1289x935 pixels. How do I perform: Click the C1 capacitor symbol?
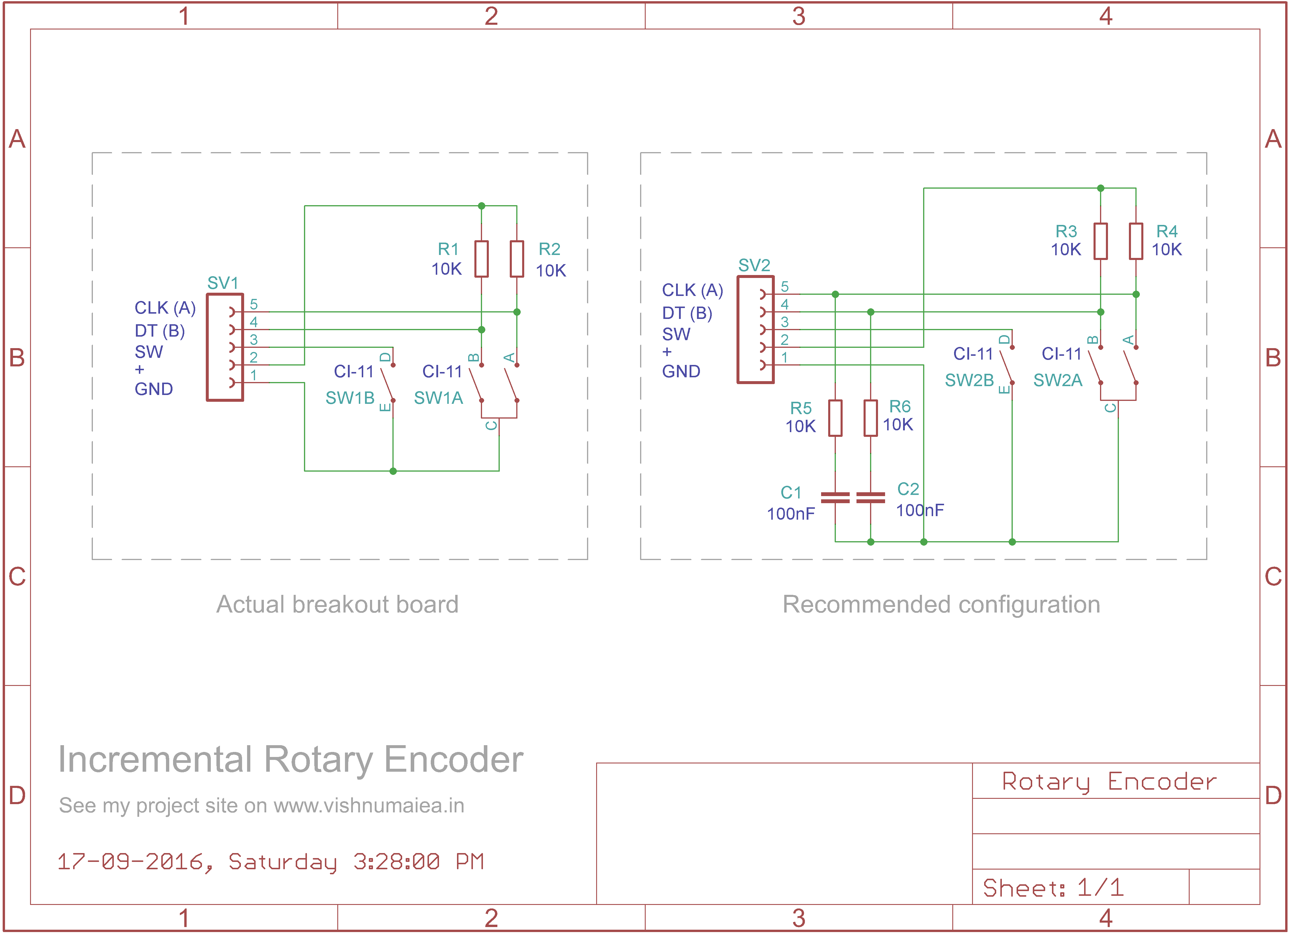click(x=835, y=498)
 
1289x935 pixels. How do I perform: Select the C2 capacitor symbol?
click(x=870, y=498)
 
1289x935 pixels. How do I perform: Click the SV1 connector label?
click(x=223, y=283)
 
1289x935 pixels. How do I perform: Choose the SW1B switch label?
click(x=350, y=398)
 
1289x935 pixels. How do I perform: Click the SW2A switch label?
click(x=1057, y=380)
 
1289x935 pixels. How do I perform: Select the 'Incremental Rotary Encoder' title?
click(x=290, y=760)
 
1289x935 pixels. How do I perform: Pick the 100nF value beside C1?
click(x=790, y=514)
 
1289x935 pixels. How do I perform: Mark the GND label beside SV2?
click(x=681, y=372)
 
